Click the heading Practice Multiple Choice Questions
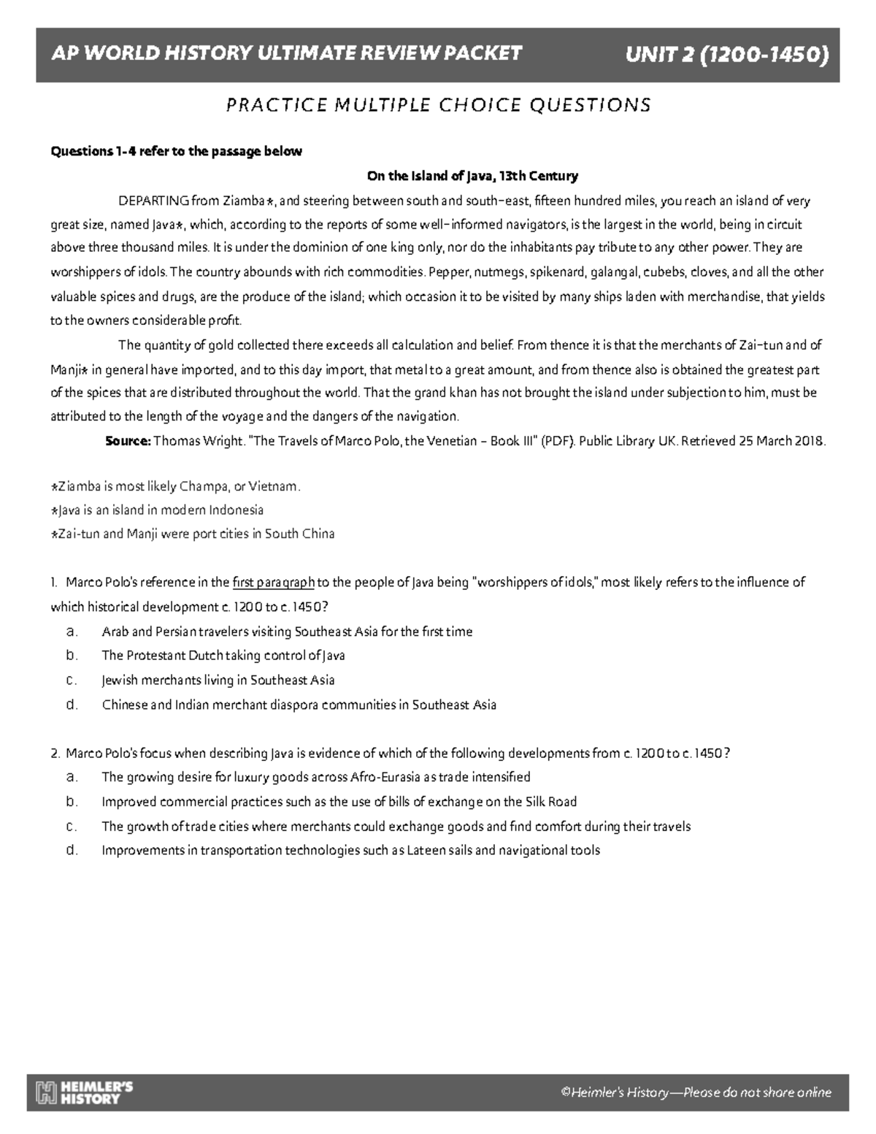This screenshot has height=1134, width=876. pyautogui.click(x=438, y=105)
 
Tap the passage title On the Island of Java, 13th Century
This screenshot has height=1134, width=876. pyautogui.click(x=472, y=176)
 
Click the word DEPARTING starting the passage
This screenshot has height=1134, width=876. pyautogui.click(x=153, y=201)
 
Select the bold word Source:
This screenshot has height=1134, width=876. pyautogui.click(x=128, y=441)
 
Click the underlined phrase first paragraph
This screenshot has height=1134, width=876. pyautogui.click(x=274, y=583)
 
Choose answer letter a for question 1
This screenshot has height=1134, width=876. pyautogui.click(x=71, y=631)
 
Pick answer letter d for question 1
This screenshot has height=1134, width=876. pyautogui.click(x=71, y=705)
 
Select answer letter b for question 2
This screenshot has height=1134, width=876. pyautogui.click(x=71, y=802)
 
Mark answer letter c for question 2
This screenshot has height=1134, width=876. pyautogui.click(x=71, y=826)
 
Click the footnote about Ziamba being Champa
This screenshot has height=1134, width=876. pyautogui.click(x=175, y=486)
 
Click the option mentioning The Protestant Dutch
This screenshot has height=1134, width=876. pyautogui.click(x=223, y=656)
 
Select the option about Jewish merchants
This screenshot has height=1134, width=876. pyautogui.click(x=218, y=680)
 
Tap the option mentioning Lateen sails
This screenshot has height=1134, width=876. pyautogui.click(x=350, y=850)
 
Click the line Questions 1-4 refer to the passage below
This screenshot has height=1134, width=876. pyautogui.click(x=175, y=152)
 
